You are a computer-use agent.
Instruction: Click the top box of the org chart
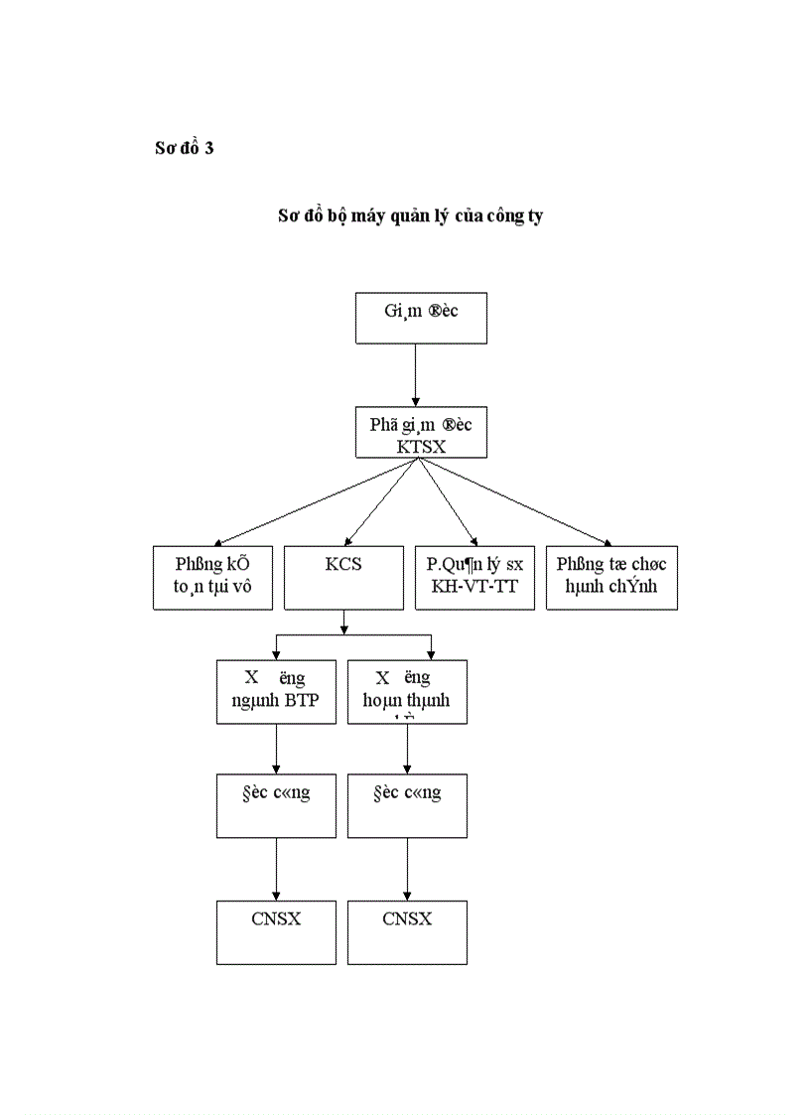click(421, 319)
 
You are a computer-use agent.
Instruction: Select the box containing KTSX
click(421, 434)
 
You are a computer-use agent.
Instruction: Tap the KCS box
click(343, 577)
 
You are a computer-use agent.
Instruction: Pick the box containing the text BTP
click(275, 691)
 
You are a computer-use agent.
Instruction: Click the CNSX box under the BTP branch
click(275, 931)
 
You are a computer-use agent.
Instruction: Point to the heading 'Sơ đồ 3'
click(185, 149)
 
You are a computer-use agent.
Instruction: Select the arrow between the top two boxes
click(415, 375)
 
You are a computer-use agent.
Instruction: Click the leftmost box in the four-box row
click(212, 577)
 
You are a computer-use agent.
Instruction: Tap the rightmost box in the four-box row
click(611, 577)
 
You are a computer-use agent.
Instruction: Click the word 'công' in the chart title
click(506, 216)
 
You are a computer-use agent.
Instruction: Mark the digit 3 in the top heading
click(209, 149)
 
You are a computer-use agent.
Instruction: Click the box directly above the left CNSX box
click(275, 804)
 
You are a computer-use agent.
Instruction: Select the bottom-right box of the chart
click(407, 931)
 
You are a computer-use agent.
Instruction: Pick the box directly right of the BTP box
click(407, 691)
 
